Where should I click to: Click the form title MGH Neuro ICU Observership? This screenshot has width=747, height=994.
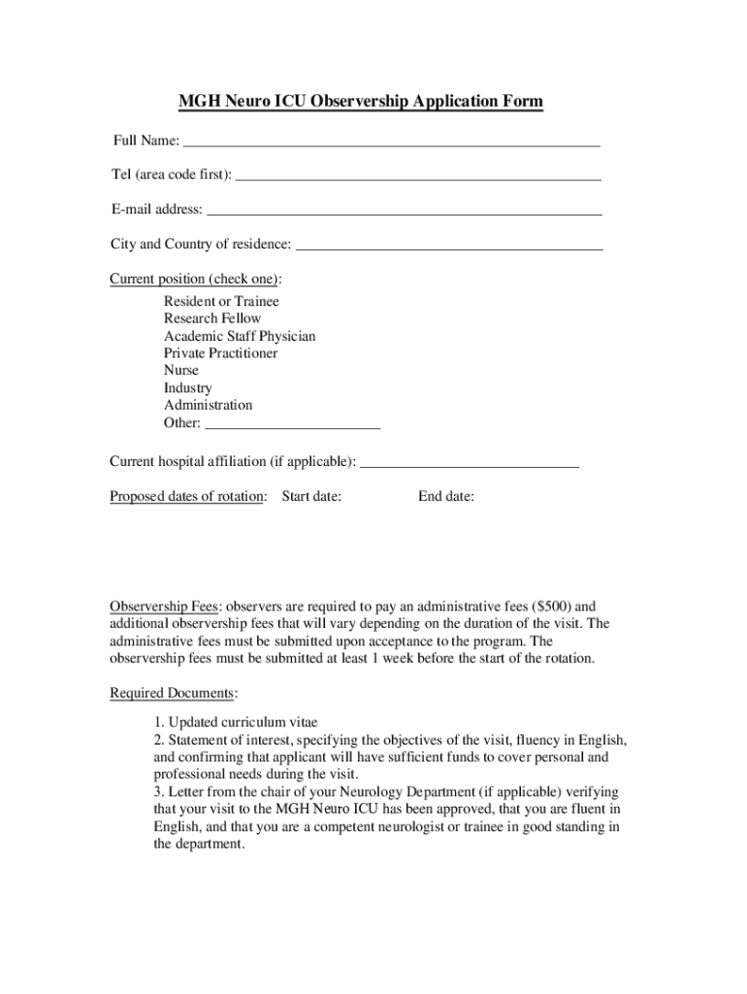click(x=360, y=102)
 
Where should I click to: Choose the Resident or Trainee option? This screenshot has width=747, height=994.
click(x=221, y=301)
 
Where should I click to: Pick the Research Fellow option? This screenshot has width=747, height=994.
click(x=212, y=318)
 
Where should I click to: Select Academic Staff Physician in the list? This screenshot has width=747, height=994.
click(x=240, y=336)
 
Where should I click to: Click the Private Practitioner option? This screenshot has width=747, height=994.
click(x=220, y=353)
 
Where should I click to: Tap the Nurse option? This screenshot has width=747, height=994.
click(x=181, y=371)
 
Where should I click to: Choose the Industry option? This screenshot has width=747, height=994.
click(x=188, y=388)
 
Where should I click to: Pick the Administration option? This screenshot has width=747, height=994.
click(x=208, y=405)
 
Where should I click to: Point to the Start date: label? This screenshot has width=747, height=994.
click(x=311, y=497)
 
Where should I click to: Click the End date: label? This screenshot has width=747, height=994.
click(x=446, y=497)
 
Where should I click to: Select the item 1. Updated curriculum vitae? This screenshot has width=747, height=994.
click(x=236, y=722)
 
